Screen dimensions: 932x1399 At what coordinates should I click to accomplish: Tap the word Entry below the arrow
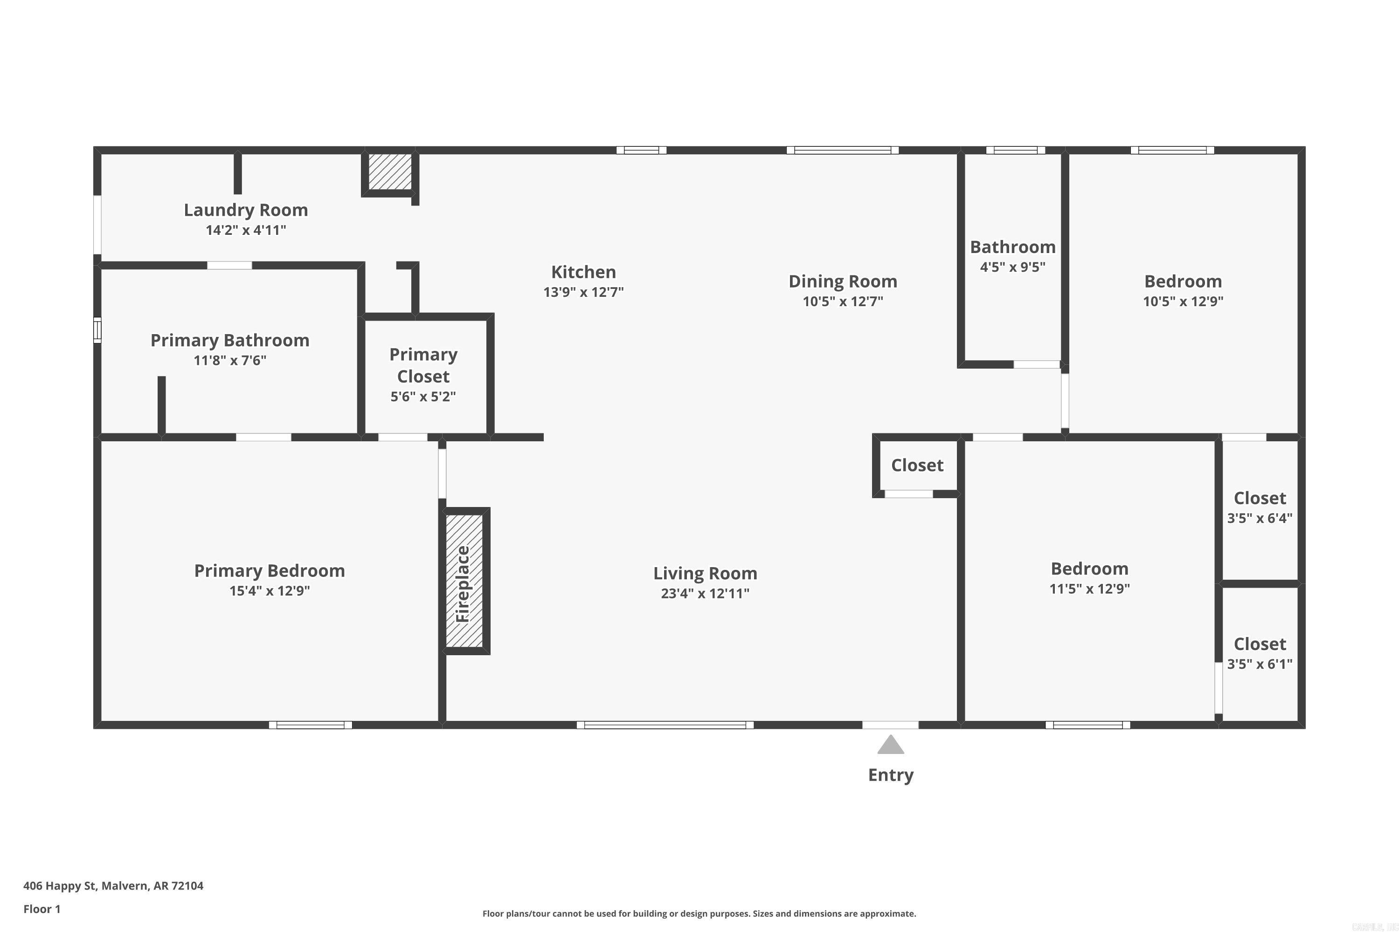click(x=890, y=775)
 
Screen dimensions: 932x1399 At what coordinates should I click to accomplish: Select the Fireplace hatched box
click(x=464, y=581)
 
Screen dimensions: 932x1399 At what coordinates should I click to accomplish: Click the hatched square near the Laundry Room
click(x=389, y=172)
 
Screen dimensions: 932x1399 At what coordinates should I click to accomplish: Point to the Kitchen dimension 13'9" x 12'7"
click(x=583, y=292)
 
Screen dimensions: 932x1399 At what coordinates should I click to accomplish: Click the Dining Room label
click(x=842, y=281)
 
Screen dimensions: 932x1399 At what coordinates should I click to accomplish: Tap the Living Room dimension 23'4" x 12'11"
click(x=705, y=593)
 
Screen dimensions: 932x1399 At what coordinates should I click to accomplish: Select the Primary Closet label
click(x=423, y=365)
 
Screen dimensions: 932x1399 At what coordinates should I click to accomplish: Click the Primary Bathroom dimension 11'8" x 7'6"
click(x=229, y=360)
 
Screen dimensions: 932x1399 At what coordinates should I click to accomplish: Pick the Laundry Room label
click(x=246, y=210)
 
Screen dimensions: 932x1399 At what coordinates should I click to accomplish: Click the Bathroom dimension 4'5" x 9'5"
click(x=1012, y=267)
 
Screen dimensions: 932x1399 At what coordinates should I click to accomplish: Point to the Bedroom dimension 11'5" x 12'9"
click(x=1089, y=589)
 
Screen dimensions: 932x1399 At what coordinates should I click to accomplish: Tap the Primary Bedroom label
click(x=270, y=570)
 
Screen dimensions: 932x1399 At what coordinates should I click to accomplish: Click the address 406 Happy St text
click(x=113, y=886)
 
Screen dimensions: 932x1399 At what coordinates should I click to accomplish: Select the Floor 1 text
click(x=42, y=909)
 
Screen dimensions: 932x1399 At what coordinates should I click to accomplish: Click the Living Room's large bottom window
click(x=665, y=725)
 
